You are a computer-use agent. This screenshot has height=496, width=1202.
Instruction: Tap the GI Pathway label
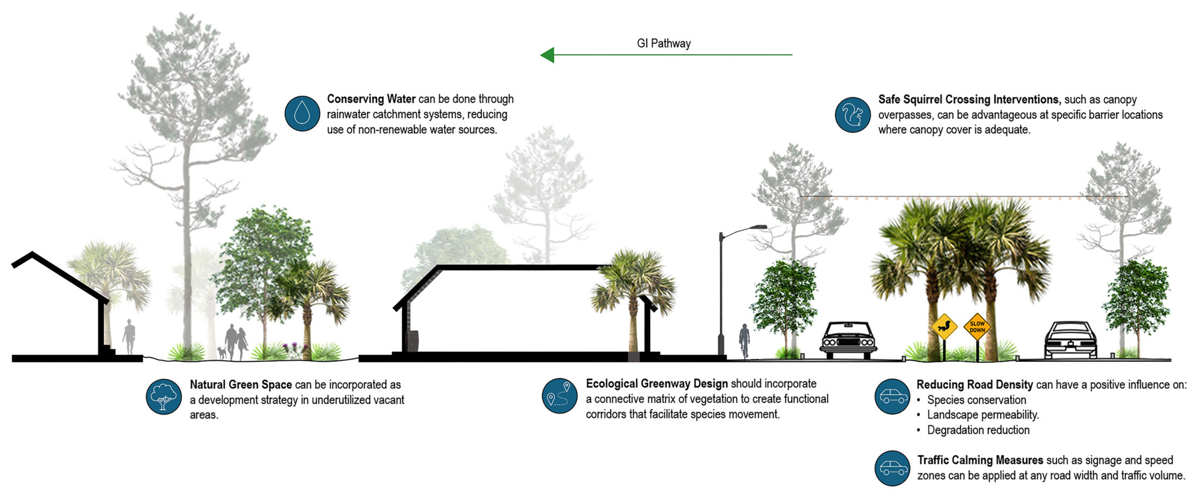coord(664,43)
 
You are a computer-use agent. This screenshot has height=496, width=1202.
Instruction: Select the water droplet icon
coord(302,113)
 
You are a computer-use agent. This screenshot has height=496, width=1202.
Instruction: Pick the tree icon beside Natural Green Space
coord(163,397)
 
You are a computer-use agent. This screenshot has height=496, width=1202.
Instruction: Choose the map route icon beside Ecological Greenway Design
coord(559,396)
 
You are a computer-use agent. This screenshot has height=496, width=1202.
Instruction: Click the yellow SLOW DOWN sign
coord(977,327)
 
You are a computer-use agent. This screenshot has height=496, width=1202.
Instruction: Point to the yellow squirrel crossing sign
coord(944,327)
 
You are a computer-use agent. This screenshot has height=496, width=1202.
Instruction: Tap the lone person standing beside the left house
coord(129,336)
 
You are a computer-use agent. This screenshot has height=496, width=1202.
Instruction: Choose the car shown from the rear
coord(1070,340)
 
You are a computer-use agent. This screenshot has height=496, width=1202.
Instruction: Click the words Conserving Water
coord(371,99)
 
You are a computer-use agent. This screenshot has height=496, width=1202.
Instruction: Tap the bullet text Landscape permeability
coord(983,415)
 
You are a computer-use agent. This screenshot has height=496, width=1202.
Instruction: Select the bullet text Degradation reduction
coord(978,430)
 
